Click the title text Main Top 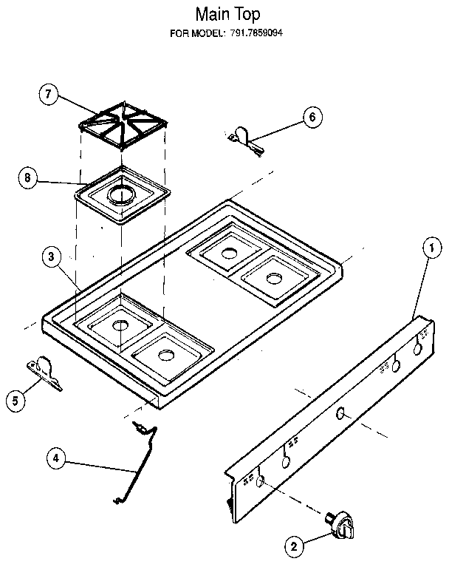click(x=227, y=13)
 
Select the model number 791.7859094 click(x=257, y=33)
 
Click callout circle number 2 click(x=293, y=547)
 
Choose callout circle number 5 click(x=13, y=400)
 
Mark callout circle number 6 click(x=312, y=116)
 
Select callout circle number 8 click(x=27, y=177)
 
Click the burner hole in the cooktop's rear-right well click(x=274, y=279)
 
